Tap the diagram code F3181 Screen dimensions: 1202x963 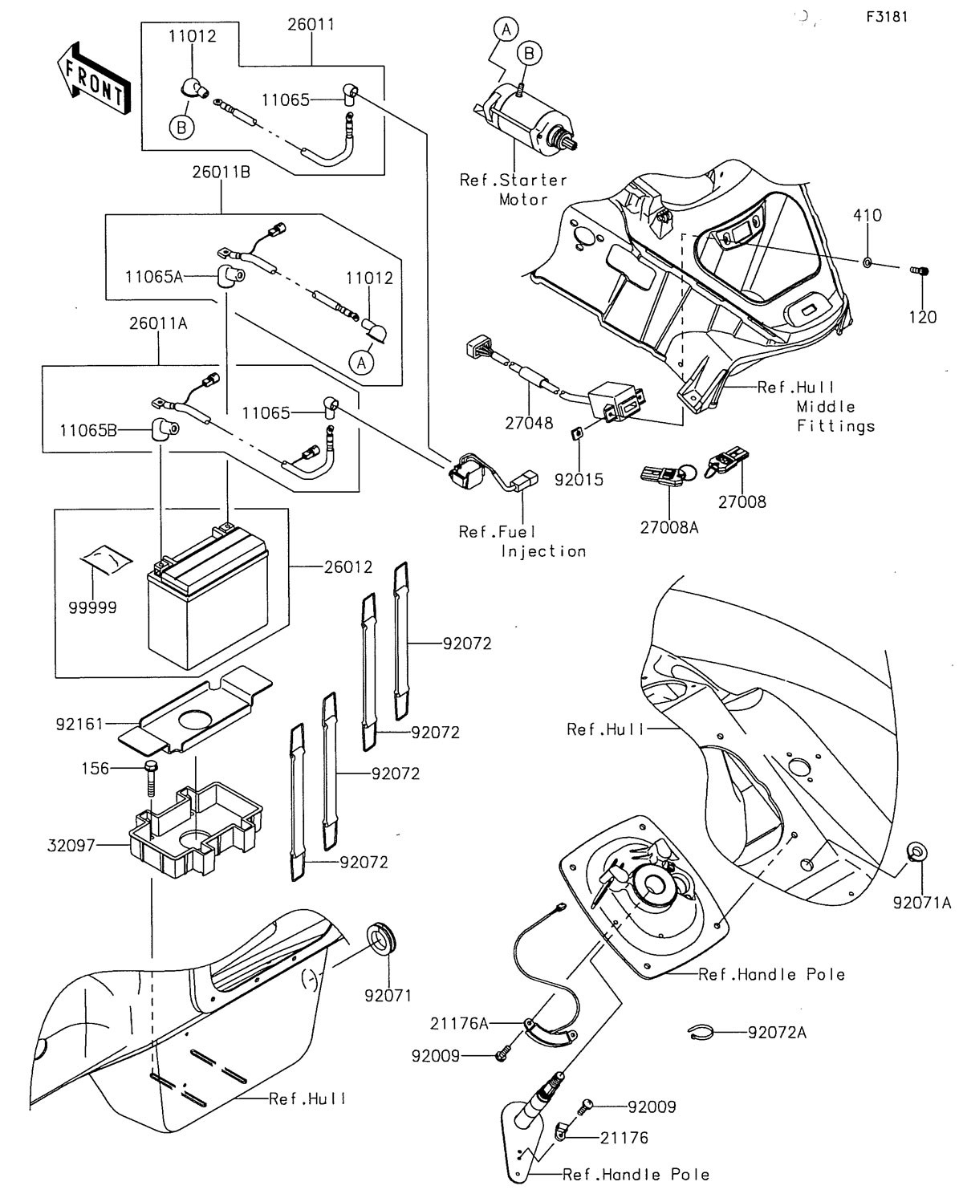click(887, 17)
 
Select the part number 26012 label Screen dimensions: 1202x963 click(348, 567)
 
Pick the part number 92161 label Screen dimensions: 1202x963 click(80, 724)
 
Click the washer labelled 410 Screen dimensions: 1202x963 click(868, 262)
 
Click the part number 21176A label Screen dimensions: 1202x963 click(459, 1023)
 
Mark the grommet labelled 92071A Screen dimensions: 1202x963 click(913, 851)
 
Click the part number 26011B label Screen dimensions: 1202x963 click(220, 172)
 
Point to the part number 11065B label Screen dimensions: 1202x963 click(88, 431)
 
